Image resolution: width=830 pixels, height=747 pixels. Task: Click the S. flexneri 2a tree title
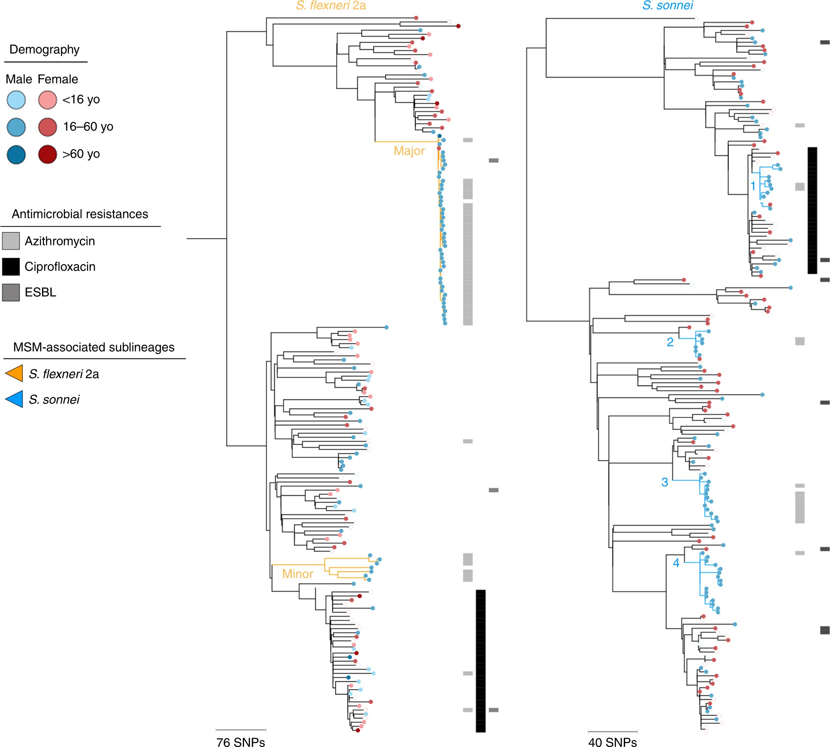coord(331,6)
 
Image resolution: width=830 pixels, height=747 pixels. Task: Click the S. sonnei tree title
coord(667,6)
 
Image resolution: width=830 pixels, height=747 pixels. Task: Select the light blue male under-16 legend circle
coord(16,100)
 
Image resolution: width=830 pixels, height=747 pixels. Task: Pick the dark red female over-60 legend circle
coord(48,154)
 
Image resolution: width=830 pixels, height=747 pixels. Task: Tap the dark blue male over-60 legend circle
coord(16,154)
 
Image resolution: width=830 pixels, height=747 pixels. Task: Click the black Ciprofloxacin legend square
coord(11,267)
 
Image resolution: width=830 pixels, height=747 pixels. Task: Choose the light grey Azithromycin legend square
coord(11,241)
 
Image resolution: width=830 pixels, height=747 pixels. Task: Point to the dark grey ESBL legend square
coord(11,293)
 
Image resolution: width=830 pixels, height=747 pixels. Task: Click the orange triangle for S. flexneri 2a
coord(14,373)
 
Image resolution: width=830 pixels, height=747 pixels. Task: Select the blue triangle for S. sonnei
coord(14,399)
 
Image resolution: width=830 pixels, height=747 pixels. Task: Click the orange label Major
coord(409,151)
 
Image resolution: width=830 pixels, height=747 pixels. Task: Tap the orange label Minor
coord(297,574)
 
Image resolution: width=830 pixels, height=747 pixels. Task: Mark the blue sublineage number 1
coord(753,186)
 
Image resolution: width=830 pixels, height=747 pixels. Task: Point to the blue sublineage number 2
coord(670,342)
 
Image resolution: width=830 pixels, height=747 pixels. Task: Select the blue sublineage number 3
coord(665,482)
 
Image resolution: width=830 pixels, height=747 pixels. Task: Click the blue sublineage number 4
coord(676,563)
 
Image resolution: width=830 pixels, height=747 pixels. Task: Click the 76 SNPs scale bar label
coord(241,741)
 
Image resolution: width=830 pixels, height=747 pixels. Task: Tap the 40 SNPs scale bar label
coord(612,741)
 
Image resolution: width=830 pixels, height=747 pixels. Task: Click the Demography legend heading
coord(45,50)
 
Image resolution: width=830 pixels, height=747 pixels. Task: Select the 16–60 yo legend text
coord(88,127)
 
